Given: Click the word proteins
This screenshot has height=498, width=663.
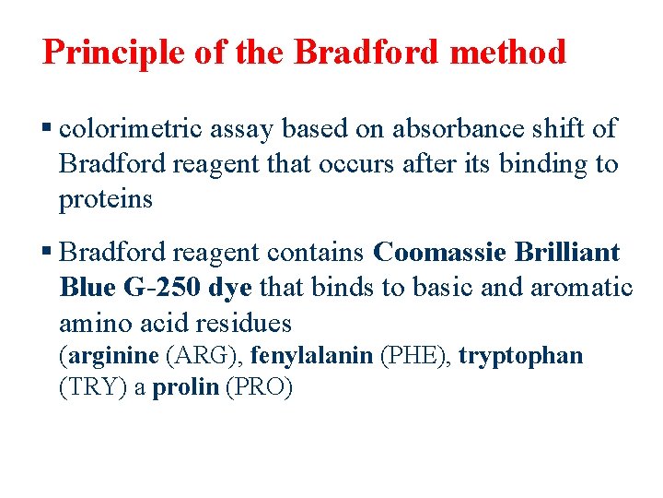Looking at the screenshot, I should click(x=105, y=199).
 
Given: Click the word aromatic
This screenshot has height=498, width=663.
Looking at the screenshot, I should click(x=581, y=288).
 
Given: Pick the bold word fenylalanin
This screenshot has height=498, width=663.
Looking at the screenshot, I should click(x=312, y=356).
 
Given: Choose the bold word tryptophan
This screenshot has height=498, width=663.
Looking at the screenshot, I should click(x=521, y=356).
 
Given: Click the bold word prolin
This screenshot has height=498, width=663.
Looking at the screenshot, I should click(x=184, y=388).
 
